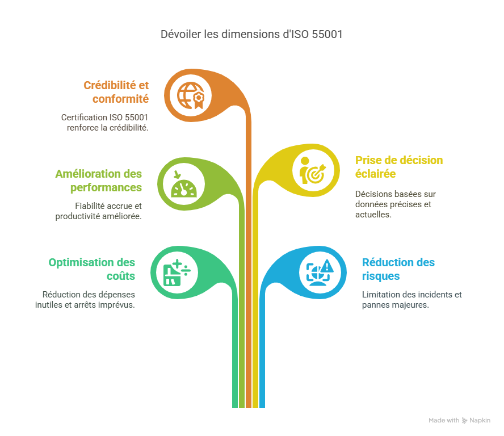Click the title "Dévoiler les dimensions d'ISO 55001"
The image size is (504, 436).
[x=252, y=35]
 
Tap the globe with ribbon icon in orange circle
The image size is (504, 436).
[x=191, y=95]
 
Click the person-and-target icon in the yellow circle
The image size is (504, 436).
[x=312, y=170]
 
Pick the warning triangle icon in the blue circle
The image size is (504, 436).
[x=320, y=271]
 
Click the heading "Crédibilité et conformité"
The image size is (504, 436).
[x=116, y=91]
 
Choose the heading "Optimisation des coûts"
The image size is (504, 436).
[x=91, y=269]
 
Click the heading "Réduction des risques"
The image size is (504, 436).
[x=398, y=269]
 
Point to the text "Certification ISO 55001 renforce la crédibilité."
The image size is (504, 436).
[x=104, y=122]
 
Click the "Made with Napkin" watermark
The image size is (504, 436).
[x=459, y=421]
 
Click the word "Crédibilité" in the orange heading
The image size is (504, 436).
[x=111, y=85]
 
